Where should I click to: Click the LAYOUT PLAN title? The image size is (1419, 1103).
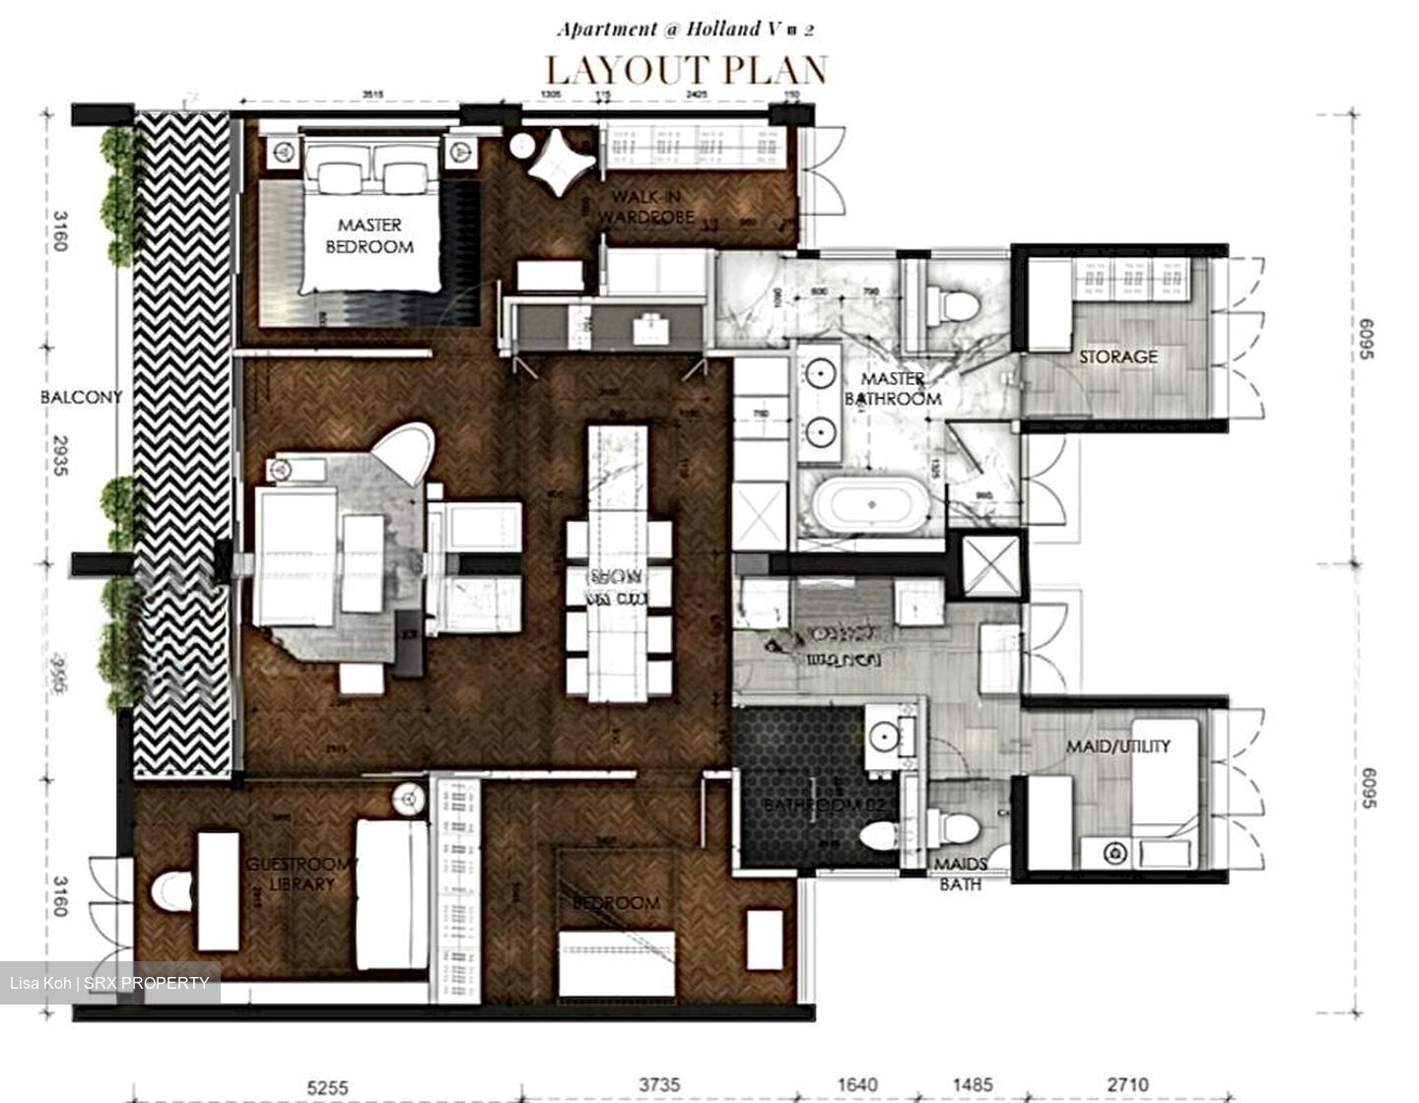(686, 70)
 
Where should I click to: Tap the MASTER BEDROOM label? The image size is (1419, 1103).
(370, 236)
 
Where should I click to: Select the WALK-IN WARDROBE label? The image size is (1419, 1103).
(645, 207)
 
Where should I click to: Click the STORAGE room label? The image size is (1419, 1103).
(1117, 357)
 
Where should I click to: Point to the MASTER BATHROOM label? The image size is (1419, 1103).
(893, 389)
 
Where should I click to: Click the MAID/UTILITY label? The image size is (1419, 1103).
(1117, 746)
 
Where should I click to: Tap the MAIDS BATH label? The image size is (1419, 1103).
(960, 875)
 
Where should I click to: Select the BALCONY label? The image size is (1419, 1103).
(81, 397)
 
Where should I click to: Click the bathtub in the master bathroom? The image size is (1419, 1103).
(870, 504)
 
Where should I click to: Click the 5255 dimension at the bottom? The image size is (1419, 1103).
(327, 1086)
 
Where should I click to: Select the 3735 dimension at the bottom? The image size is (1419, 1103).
(659, 1085)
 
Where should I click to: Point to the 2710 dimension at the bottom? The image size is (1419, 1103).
(1127, 1085)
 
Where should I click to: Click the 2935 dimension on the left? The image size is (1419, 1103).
(59, 456)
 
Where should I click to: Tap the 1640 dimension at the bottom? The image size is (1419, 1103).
(856, 1085)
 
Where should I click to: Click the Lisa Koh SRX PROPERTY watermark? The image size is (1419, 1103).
(109, 983)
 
